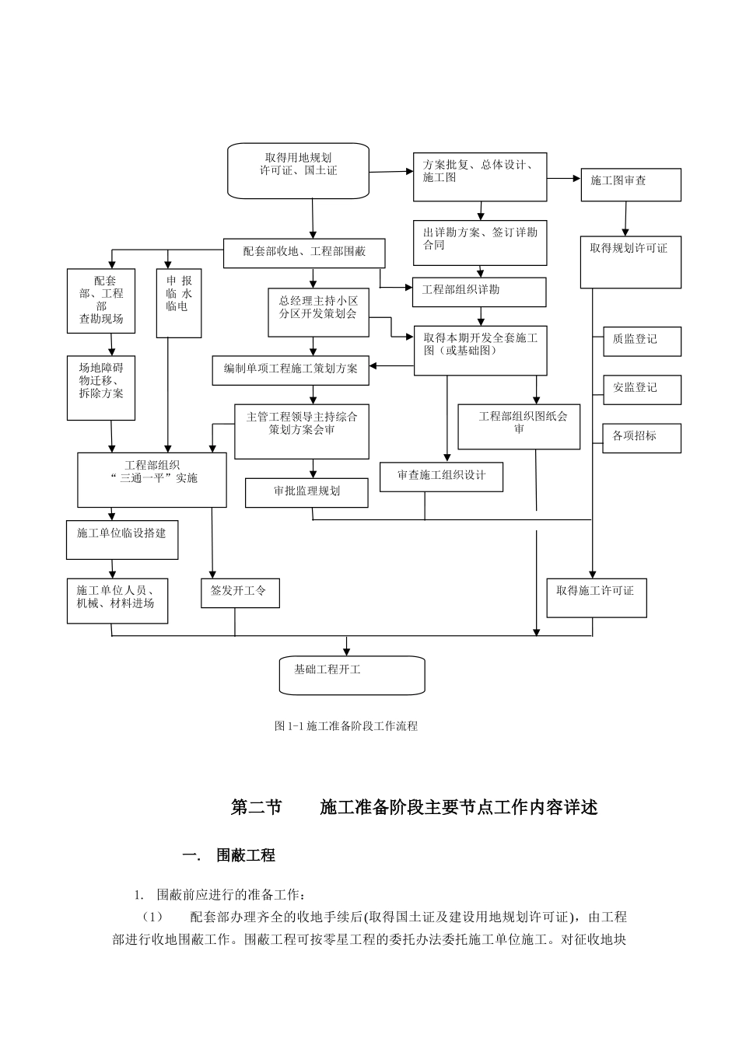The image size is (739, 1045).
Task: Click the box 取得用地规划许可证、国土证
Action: coord(298,170)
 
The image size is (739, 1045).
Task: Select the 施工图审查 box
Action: coord(630,184)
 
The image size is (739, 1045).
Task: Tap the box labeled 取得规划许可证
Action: coord(630,262)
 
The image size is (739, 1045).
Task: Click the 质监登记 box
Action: coord(642,341)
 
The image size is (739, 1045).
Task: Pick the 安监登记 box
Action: coord(642,390)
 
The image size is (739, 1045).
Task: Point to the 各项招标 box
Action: coord(642,438)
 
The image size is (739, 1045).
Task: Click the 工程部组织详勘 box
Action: coord(479,292)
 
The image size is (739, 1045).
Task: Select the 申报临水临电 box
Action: coord(179,303)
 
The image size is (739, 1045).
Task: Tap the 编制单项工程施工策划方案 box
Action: coord(291,370)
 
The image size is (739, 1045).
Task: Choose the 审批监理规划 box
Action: coord(306,493)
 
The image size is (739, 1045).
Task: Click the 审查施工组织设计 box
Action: coord(441,477)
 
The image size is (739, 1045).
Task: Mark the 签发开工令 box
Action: coord(240,593)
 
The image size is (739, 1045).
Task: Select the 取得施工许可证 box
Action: coord(596,597)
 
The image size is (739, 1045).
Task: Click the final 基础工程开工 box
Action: coord(352,674)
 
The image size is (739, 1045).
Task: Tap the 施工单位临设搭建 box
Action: coord(122,540)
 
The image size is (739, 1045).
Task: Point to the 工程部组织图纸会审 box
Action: coord(519,426)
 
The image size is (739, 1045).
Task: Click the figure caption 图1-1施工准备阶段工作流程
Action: coord(346,726)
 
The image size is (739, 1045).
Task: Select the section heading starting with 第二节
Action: coord(414,808)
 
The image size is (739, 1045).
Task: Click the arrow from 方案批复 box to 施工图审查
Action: coord(564,178)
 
